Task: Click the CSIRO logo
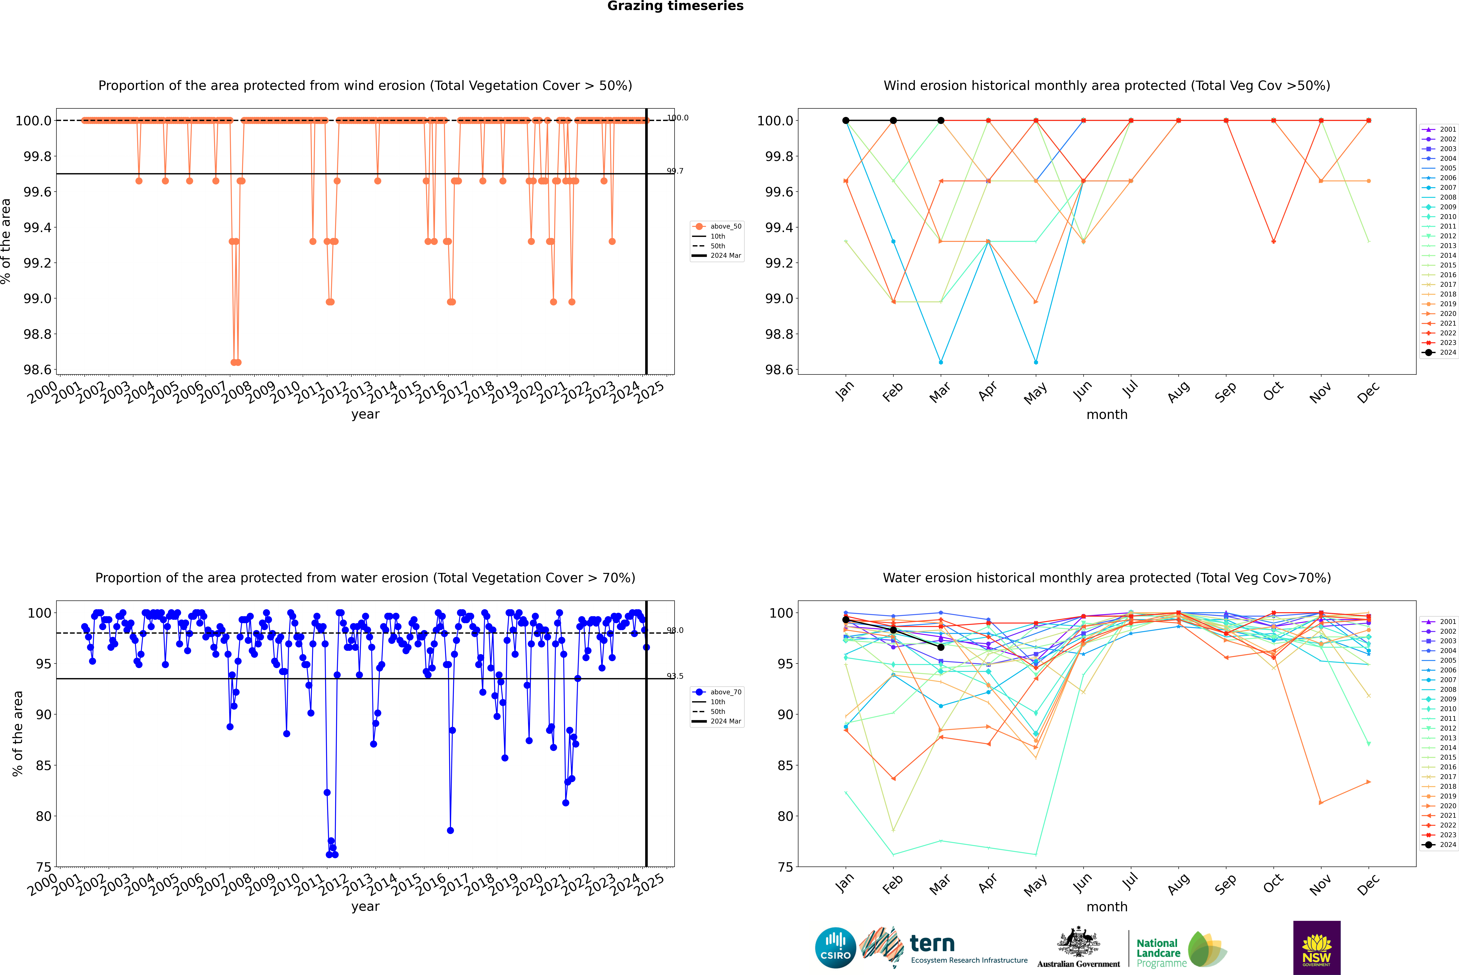coord(835,948)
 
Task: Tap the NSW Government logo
coord(1317,948)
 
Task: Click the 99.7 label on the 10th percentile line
coord(675,171)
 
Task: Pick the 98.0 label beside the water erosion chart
coord(675,631)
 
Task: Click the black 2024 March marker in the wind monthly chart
coord(941,121)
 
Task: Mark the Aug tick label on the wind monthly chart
coord(1179,392)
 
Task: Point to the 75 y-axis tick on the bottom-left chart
coord(44,867)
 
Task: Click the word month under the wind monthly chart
coord(1107,415)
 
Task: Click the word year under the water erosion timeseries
coord(365,907)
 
